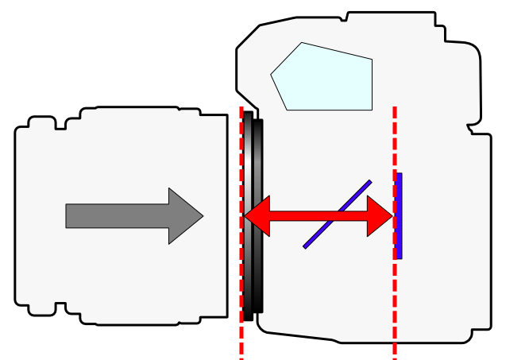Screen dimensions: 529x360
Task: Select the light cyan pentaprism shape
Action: (326, 78)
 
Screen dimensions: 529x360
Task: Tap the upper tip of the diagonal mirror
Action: (369, 182)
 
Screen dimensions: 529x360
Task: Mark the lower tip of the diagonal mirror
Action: (305, 246)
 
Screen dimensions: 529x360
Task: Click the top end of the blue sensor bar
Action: (399, 175)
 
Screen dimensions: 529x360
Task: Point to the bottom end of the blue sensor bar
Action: (399, 257)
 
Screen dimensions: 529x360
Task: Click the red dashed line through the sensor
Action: (395, 310)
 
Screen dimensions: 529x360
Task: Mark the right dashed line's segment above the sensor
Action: (395, 135)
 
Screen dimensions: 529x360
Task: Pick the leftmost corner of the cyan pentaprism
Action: (272, 75)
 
